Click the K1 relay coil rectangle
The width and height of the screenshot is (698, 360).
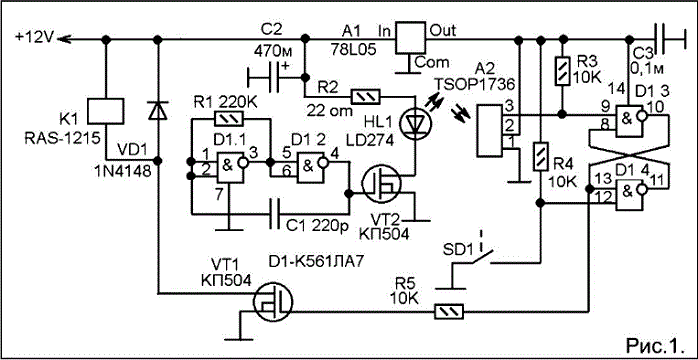coord(105,111)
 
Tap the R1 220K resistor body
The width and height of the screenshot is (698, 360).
coord(229,119)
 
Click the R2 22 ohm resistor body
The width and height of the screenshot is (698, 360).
coord(366,96)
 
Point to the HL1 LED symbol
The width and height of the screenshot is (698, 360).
coord(414,122)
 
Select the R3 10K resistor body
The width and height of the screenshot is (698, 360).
coord(562,71)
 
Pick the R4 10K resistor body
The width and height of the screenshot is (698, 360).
coord(540,157)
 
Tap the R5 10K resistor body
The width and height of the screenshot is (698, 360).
coord(449,312)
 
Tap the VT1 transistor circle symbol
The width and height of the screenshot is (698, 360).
coord(273,302)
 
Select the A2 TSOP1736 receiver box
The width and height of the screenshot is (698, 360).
coord(490,131)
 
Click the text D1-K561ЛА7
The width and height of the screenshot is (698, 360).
coord(316,263)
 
